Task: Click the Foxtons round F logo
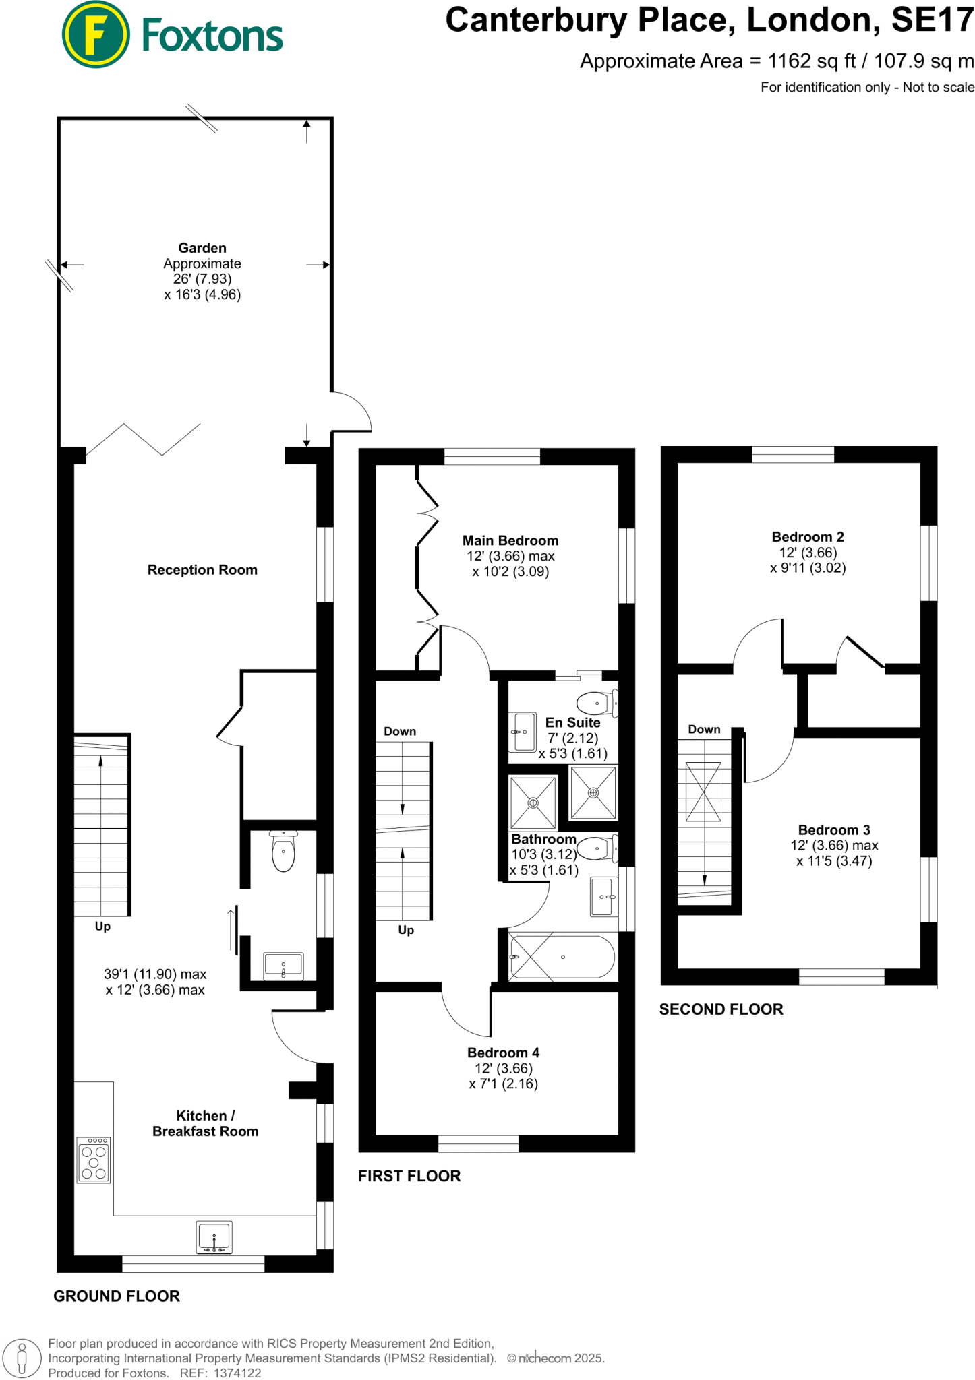pos(95,34)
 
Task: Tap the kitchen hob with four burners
pos(94,1161)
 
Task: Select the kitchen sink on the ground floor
pos(214,1237)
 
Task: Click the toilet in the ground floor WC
pos(283,852)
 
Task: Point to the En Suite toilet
pos(597,703)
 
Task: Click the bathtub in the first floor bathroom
pos(562,957)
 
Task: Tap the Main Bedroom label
pos(510,540)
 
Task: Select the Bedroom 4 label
pos(503,1053)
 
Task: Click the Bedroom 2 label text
pos(807,537)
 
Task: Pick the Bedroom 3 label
pos(833,830)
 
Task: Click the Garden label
pos(202,248)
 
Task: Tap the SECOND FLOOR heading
pos(721,1009)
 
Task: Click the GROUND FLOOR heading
pos(117,1296)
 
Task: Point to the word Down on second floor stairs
pos(704,730)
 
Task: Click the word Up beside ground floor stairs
pos(102,927)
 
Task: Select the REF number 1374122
pos(237,1373)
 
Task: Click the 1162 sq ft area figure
pos(812,61)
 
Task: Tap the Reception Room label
pos(202,570)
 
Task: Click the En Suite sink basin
pos(524,732)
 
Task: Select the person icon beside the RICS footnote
pos(22,1358)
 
